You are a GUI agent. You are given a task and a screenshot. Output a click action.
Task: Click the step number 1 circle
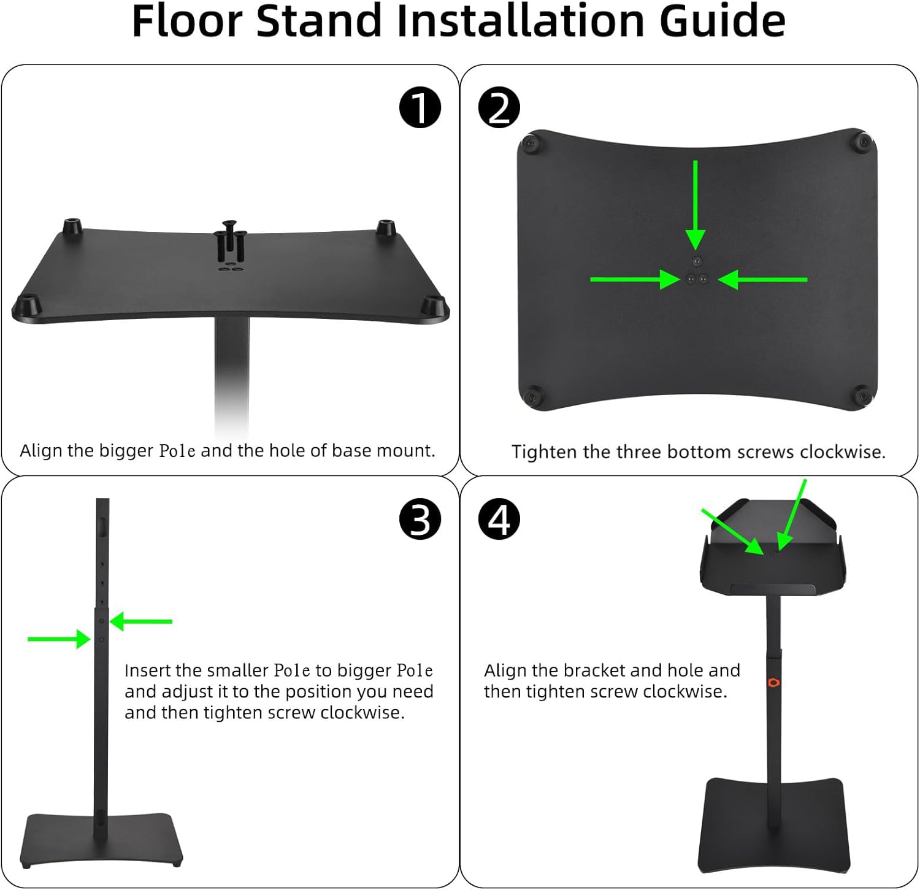420,107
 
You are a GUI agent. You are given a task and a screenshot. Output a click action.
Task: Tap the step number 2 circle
499,107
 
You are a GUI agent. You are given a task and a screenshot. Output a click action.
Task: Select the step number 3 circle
420,519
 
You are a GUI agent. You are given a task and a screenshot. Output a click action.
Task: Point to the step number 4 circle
499,519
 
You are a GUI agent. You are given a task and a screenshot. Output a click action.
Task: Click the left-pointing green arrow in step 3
141,621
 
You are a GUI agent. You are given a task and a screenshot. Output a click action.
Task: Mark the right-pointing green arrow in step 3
59,639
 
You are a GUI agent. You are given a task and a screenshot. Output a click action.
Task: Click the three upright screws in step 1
231,241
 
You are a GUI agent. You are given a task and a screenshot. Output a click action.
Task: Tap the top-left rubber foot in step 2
530,145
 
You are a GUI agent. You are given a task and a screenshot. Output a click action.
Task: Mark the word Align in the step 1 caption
41,451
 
